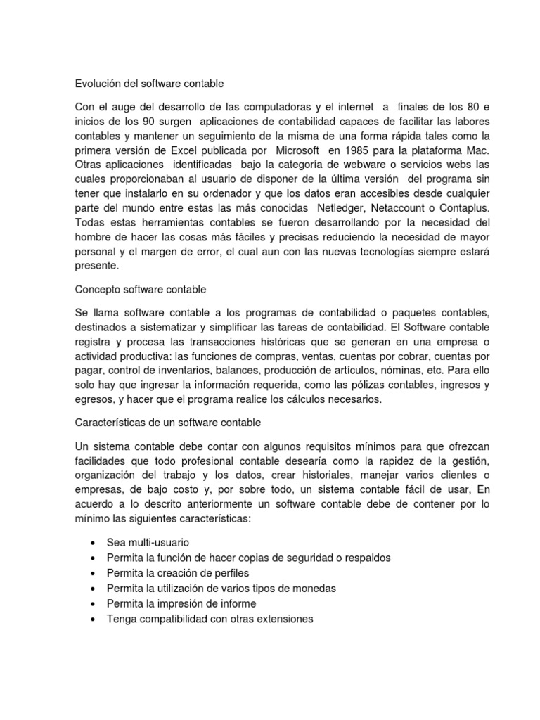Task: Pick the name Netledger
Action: coord(342,209)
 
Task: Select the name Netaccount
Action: coord(402,209)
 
